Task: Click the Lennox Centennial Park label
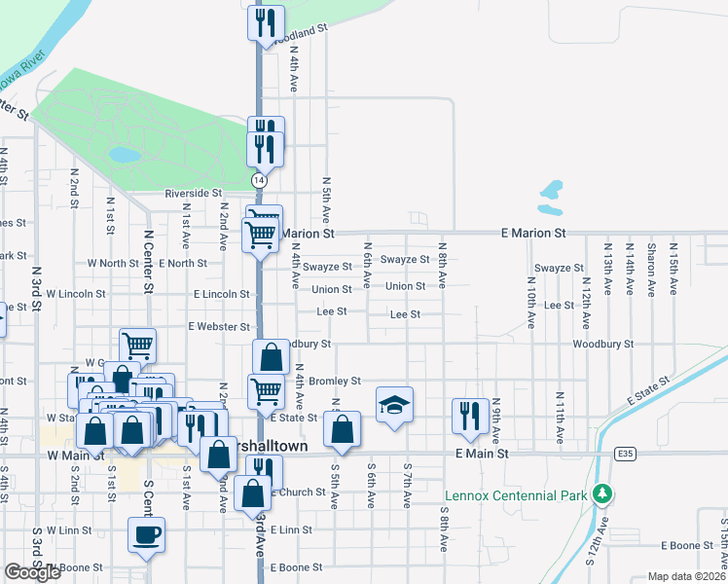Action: tap(517, 495)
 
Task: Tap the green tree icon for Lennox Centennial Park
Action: tap(603, 494)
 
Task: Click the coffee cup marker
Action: tap(146, 534)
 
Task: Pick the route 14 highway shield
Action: tap(259, 181)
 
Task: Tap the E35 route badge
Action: tap(625, 454)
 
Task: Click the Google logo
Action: tap(32, 573)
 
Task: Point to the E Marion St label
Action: tap(532, 234)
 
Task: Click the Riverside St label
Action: tap(193, 194)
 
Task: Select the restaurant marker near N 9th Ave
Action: tap(470, 414)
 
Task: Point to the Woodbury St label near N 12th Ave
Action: tap(602, 344)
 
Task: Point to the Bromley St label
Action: tap(336, 381)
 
